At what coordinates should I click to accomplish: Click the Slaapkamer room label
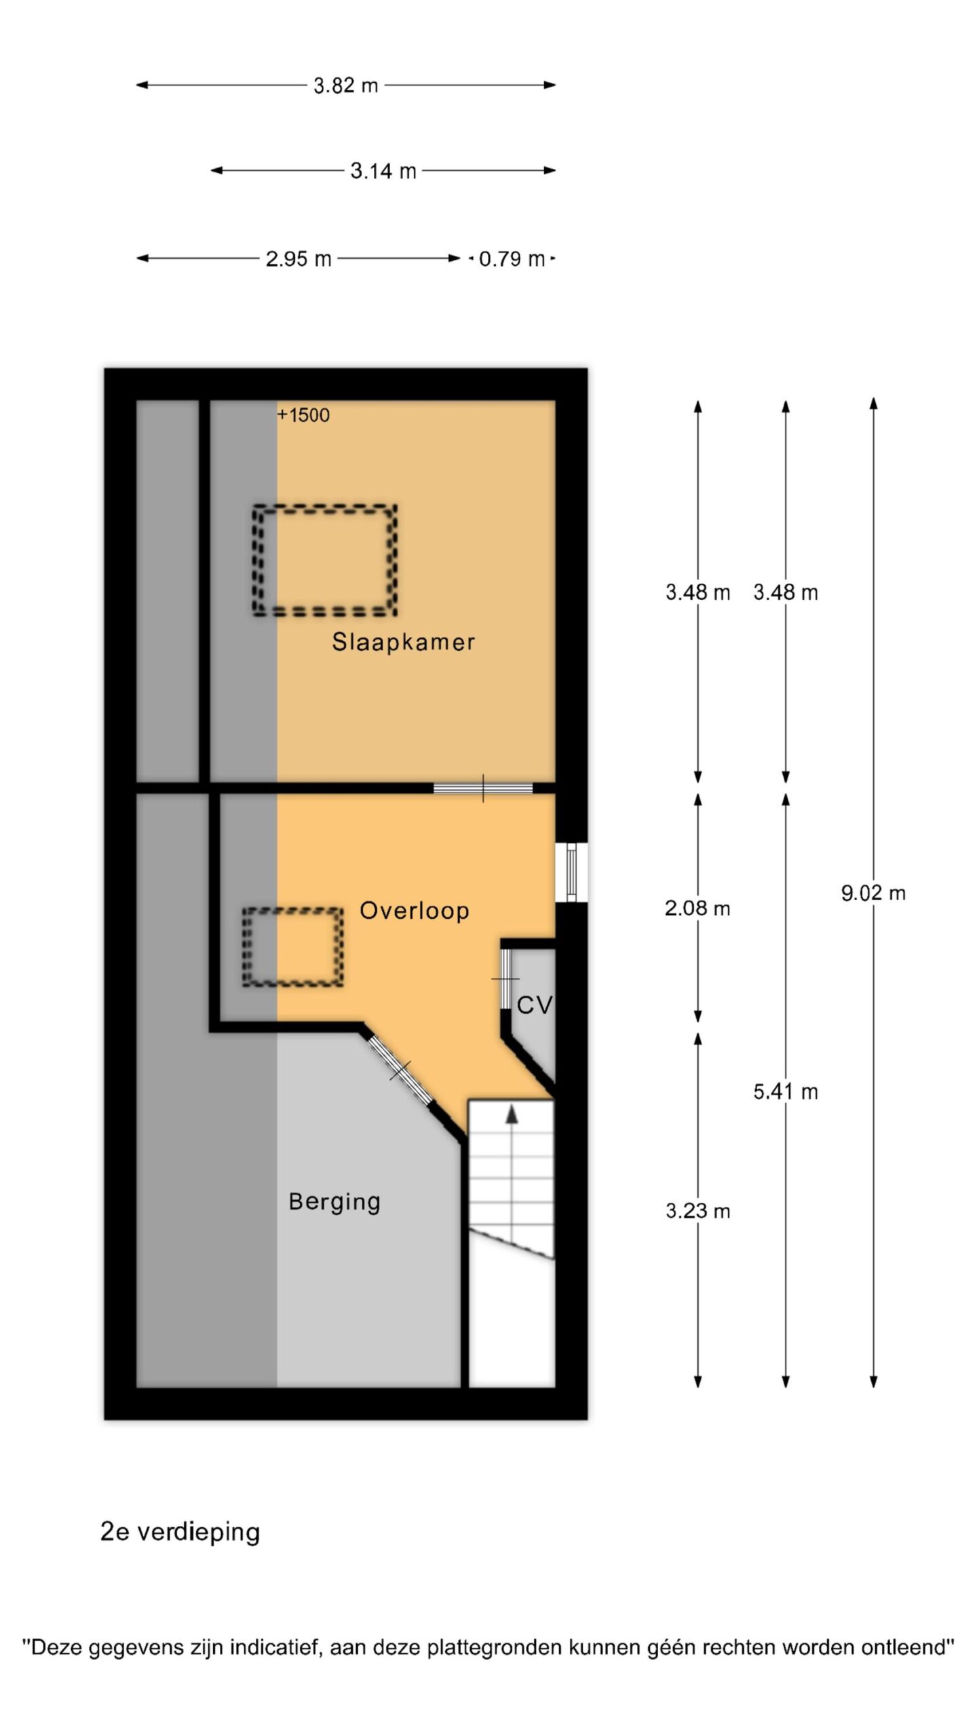click(x=403, y=642)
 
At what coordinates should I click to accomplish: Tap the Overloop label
click(x=414, y=910)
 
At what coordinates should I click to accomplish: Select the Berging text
click(x=334, y=1202)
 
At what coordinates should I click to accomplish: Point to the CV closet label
click(x=535, y=1005)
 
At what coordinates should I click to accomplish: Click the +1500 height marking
click(x=303, y=415)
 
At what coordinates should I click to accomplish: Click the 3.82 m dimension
click(x=345, y=85)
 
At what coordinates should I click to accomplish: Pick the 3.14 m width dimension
click(x=383, y=170)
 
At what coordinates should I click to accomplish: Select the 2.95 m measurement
click(x=299, y=258)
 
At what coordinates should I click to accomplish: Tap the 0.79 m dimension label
click(x=512, y=258)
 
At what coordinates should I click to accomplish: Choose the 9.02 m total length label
click(x=873, y=893)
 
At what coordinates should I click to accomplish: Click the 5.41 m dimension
click(x=786, y=1092)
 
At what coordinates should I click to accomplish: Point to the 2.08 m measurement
click(x=697, y=908)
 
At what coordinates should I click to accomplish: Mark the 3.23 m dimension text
click(x=697, y=1210)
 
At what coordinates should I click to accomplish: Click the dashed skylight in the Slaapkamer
click(x=325, y=507)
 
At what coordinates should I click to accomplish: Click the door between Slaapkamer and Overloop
click(x=483, y=788)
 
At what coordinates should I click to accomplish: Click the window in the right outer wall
click(x=571, y=872)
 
